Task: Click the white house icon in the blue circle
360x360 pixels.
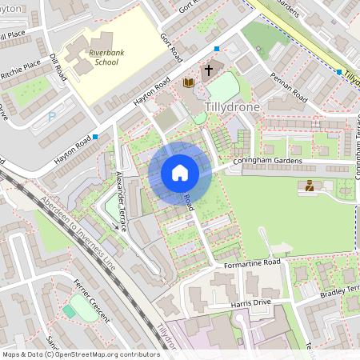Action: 180,173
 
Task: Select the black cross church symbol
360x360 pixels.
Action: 209,70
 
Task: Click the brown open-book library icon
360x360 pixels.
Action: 189,83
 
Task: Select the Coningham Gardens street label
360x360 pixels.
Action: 267,162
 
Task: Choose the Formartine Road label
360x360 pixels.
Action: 252,262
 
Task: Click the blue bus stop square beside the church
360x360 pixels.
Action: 217,48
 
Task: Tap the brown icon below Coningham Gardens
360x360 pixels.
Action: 309,186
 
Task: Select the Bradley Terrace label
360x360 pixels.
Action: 342,290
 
